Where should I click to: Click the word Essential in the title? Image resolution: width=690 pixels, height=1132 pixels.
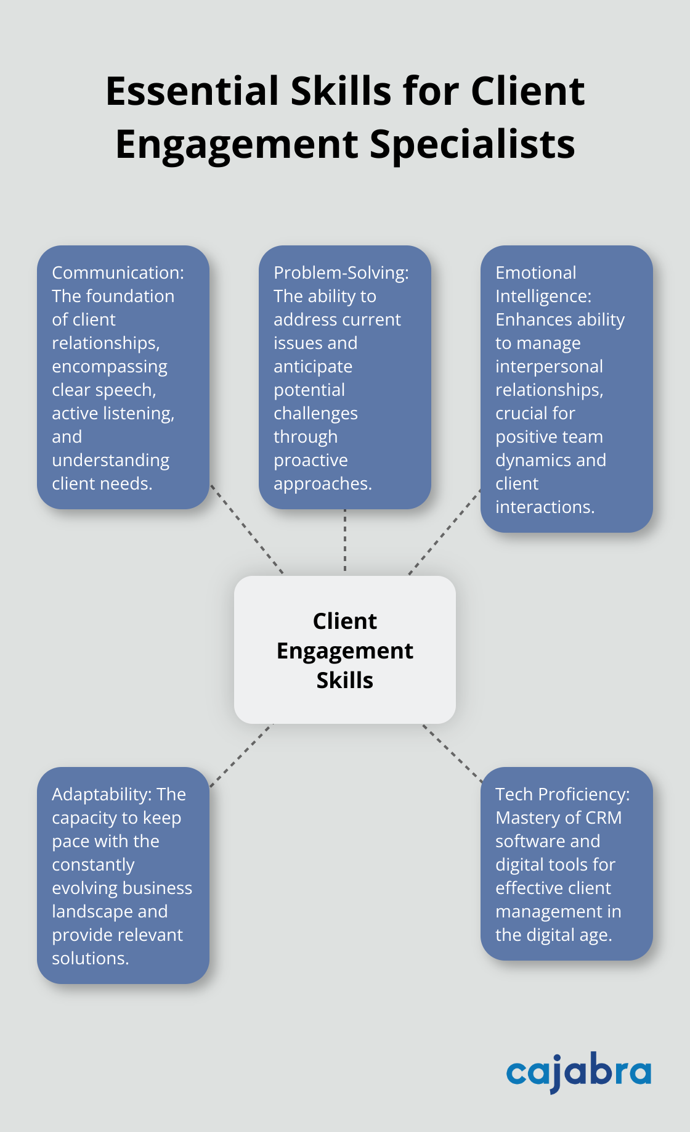click(x=192, y=91)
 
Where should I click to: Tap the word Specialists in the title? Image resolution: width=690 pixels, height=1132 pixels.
click(x=472, y=144)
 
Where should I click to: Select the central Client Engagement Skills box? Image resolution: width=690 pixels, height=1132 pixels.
click(x=345, y=650)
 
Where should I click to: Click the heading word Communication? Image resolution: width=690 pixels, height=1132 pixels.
click(x=118, y=273)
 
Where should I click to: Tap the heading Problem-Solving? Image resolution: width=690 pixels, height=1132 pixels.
click(x=341, y=273)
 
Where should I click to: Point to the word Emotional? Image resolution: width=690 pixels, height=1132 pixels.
click(x=535, y=273)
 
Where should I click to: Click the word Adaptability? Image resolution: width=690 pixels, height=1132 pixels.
click(x=102, y=794)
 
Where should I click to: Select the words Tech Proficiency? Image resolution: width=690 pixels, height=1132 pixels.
click(x=562, y=794)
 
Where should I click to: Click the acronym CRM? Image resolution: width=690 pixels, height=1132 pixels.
click(x=603, y=818)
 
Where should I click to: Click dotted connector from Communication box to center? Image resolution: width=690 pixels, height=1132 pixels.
click(x=247, y=529)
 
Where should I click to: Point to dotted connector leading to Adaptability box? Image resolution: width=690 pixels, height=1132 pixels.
click(x=241, y=755)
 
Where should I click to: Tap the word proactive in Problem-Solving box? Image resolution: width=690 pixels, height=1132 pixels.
click(x=310, y=460)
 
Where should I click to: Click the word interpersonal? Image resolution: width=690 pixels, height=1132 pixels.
click(x=549, y=366)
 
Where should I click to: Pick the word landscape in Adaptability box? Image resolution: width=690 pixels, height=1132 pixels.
click(x=92, y=911)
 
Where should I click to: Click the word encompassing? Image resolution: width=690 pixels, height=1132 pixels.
click(x=109, y=366)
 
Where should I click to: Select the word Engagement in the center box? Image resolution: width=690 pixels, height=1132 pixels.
click(x=345, y=650)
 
